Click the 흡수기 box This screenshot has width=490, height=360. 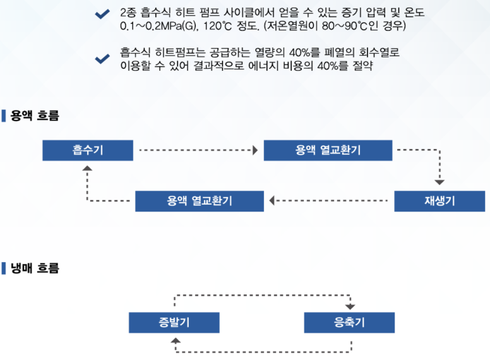(88, 150)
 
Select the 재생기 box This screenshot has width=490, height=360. (439, 201)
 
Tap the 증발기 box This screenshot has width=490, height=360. (174, 323)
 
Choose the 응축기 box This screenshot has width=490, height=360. (349, 323)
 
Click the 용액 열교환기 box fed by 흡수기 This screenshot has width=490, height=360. (328, 150)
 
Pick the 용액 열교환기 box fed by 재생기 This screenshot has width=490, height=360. (200, 201)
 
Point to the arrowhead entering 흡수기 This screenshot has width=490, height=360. (87, 169)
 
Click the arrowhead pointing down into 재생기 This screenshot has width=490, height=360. (439, 183)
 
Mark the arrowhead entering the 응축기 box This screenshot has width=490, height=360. (350, 306)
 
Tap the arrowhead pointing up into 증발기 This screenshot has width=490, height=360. (176, 340)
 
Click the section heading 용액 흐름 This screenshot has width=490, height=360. (35, 116)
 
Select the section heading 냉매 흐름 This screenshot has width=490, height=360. (35, 268)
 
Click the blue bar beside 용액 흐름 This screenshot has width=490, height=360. (4, 116)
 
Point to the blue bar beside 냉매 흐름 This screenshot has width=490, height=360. (4, 268)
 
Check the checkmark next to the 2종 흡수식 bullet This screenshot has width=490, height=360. (102, 14)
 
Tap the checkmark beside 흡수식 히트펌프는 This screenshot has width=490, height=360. (102, 59)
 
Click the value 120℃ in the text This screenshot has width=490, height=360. (217, 26)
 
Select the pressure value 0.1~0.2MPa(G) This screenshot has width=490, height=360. (159, 26)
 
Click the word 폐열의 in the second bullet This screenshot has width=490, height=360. (339, 52)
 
